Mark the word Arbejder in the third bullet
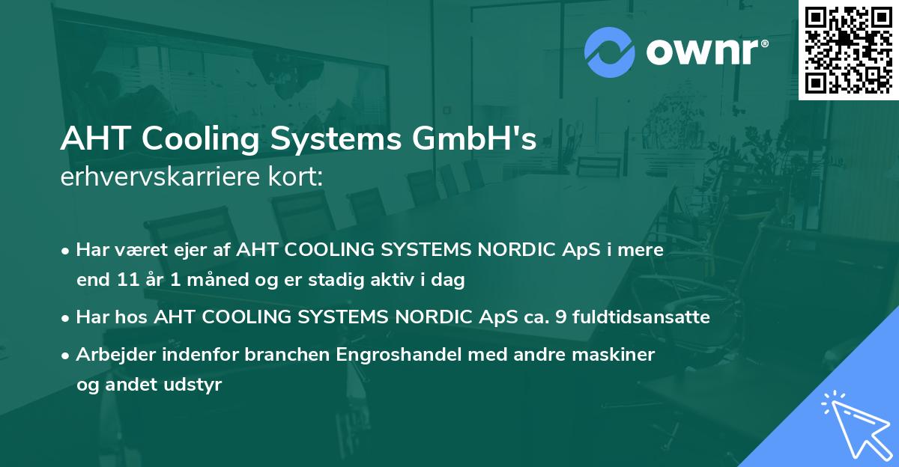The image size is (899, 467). (x=109, y=355)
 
